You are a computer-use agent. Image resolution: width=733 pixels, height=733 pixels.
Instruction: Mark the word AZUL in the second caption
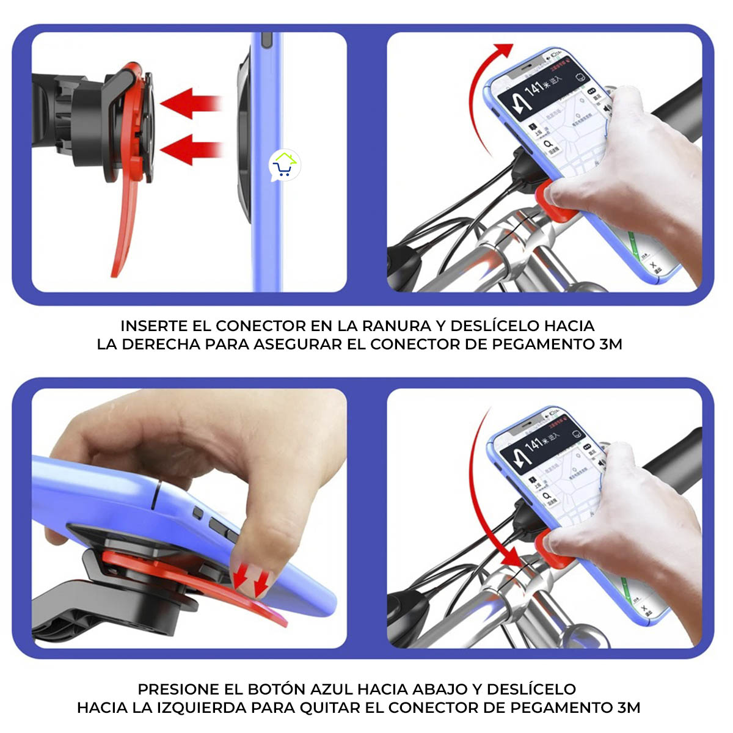click(x=332, y=689)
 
